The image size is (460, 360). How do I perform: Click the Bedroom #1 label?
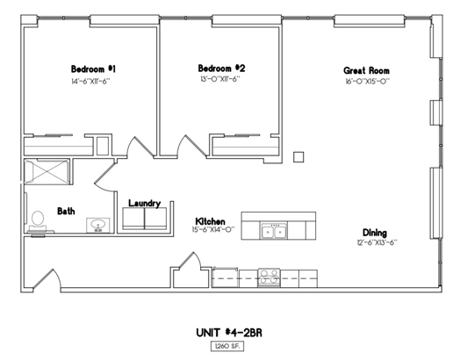click(x=93, y=69)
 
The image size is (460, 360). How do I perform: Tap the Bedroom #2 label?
click(x=221, y=68)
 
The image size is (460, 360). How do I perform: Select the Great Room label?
click(x=366, y=71)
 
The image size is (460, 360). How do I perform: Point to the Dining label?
click(x=375, y=233)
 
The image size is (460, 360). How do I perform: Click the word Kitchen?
click(x=211, y=221)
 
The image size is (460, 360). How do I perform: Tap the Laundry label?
click(x=144, y=204)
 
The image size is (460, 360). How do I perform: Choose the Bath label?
click(x=66, y=211)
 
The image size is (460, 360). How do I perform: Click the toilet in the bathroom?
click(x=38, y=221)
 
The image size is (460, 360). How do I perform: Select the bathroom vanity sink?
click(x=97, y=226)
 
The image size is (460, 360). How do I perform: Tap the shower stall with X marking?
click(x=47, y=171)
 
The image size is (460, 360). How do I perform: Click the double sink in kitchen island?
click(x=274, y=231)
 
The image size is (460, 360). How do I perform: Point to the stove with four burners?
click(x=270, y=277)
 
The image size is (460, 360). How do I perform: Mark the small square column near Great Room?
click(x=298, y=157)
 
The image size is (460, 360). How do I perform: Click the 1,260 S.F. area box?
click(x=227, y=346)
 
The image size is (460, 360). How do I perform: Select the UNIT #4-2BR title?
click(x=229, y=333)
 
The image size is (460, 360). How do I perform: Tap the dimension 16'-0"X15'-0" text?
click(x=367, y=82)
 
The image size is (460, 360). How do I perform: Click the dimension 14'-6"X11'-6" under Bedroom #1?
click(x=90, y=82)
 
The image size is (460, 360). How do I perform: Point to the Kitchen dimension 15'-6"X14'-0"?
click(x=213, y=229)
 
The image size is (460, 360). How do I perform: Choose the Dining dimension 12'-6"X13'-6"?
click(x=377, y=242)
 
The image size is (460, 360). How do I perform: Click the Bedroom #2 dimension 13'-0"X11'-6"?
click(x=220, y=79)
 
